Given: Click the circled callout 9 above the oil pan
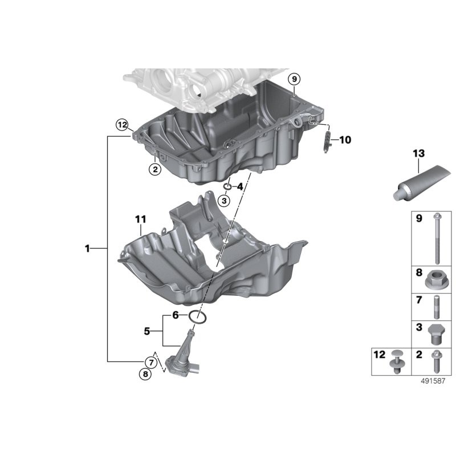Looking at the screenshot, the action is pos(294,79).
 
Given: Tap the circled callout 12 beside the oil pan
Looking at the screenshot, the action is pos(122,125).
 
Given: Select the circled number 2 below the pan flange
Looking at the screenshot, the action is pos(155,169).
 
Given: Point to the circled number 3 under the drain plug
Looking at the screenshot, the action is pos(224,201).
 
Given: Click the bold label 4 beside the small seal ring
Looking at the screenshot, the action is pos(240,186).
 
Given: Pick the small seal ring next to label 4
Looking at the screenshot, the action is pos(227,186).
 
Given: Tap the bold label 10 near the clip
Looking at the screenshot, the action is pos(345,140).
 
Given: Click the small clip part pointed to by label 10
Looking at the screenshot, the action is pos(327,142).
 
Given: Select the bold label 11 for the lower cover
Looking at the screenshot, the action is pos(141,219).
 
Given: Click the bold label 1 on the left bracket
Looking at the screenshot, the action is pos(87,249).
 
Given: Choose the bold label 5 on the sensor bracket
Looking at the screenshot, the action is pos(147,331).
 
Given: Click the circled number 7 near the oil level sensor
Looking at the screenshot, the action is pos(151,363).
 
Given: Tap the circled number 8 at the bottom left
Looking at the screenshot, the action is pos(145,374).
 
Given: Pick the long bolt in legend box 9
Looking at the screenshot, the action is pos(437,238).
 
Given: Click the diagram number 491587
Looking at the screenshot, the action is pos(433,381).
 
